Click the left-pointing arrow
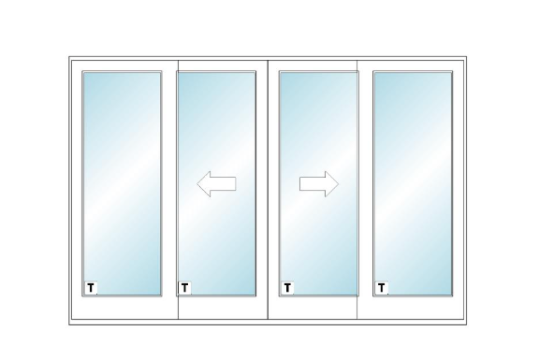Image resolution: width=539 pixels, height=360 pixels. (x=216, y=184)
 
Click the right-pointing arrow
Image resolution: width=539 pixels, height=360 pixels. (x=319, y=184)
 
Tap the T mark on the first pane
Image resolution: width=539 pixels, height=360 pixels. (x=91, y=288)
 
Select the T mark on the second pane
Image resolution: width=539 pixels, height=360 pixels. (x=184, y=288)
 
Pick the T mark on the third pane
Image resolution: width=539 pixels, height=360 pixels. (x=287, y=288)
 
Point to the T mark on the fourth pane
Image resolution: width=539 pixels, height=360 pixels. (x=381, y=288)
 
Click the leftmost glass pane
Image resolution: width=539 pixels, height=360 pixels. (x=122, y=183)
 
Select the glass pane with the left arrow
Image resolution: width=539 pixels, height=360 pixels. (x=216, y=183)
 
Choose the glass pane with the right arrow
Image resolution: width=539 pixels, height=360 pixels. (x=319, y=183)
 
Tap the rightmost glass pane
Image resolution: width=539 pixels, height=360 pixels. (x=413, y=183)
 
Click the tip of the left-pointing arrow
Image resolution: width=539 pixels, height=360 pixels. (x=197, y=184)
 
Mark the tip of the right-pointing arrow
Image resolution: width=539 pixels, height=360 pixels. (x=339, y=184)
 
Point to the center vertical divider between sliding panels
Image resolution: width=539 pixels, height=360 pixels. (x=268, y=190)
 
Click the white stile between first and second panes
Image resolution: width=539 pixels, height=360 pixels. (x=169, y=190)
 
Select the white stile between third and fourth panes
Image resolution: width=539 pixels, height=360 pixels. (x=366, y=190)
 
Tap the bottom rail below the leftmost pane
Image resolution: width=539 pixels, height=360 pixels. (x=124, y=308)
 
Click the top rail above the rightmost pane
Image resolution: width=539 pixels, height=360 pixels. (x=411, y=65)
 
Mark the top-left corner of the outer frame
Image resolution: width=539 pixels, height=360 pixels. (x=69, y=57)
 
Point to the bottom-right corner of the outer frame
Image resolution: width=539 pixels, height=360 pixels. (x=466, y=324)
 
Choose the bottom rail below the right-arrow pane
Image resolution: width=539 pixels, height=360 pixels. (x=313, y=308)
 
